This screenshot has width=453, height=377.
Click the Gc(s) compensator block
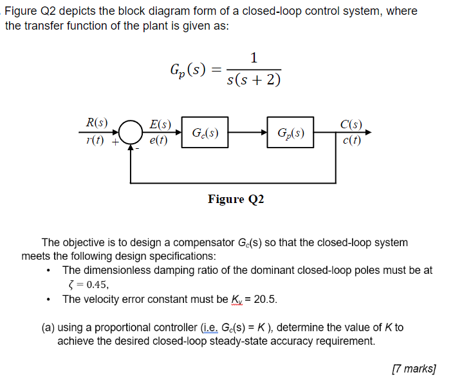(x=205, y=133)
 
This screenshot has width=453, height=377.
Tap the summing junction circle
(x=131, y=133)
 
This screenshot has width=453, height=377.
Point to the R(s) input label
(x=97, y=122)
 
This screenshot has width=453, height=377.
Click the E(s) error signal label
(x=160, y=124)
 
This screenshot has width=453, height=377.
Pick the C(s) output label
(x=351, y=124)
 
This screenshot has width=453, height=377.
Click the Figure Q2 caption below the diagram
(x=236, y=199)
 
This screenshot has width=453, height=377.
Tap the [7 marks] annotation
(x=414, y=368)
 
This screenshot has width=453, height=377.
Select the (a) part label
(x=48, y=327)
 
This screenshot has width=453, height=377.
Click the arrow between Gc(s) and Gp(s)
(x=247, y=133)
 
